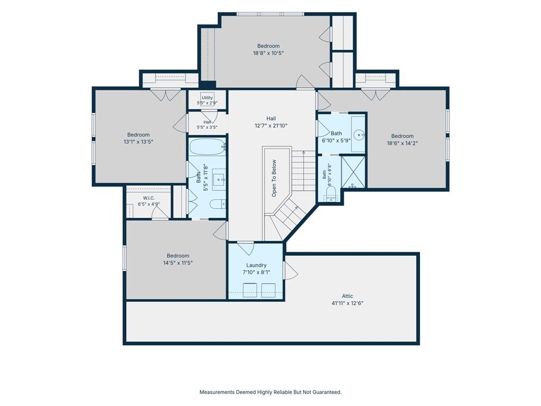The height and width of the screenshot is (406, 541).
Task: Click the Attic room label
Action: [x=348, y=296]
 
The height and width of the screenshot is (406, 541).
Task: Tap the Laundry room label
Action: [x=256, y=265]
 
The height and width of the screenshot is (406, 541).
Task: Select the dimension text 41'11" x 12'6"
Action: [x=348, y=303]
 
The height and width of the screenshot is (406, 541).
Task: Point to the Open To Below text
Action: [x=274, y=178]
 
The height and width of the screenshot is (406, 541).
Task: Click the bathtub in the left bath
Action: [x=207, y=147]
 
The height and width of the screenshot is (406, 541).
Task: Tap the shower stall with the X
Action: [x=353, y=172]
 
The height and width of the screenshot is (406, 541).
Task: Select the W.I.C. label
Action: [x=148, y=198]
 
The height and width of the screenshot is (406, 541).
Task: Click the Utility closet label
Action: [x=207, y=98]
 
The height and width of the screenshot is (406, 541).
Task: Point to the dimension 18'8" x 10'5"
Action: [x=268, y=53]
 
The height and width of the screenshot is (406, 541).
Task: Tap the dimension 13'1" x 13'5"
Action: [x=138, y=142]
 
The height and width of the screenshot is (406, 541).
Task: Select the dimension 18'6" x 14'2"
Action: [x=402, y=143]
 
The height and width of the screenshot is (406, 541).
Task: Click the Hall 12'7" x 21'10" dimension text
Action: [x=271, y=126]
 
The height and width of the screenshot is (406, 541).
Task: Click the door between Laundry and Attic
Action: [x=290, y=270]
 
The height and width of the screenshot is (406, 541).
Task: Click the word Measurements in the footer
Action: [x=217, y=392]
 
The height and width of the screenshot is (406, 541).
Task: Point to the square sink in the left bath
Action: [x=219, y=180]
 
